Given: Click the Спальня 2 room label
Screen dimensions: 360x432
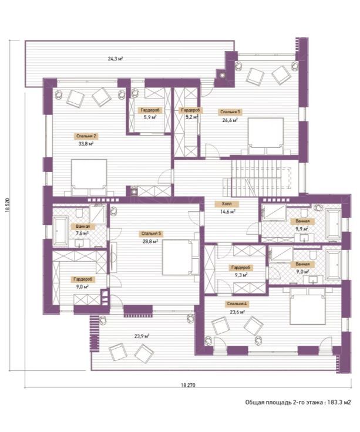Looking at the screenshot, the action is (x=86, y=136).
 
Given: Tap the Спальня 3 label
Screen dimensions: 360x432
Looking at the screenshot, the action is (x=230, y=112).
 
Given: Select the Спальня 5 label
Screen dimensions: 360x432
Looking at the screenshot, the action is (x=151, y=234).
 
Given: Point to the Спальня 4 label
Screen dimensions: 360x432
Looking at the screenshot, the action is (x=237, y=304).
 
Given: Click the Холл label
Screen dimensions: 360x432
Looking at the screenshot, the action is (x=227, y=204).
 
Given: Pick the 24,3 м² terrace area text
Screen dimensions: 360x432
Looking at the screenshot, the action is (x=115, y=59).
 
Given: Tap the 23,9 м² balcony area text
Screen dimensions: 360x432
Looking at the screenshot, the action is (x=142, y=336).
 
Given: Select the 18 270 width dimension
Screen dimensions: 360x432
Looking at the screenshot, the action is (x=188, y=385).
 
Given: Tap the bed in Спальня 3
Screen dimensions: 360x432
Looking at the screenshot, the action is (x=265, y=136).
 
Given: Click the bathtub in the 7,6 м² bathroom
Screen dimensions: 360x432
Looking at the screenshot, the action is (x=60, y=231).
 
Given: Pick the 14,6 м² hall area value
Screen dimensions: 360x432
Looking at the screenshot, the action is (x=227, y=211).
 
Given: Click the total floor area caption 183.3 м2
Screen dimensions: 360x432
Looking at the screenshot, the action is (x=298, y=402).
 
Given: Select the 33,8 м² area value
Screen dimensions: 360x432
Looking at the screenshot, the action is (x=86, y=144).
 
